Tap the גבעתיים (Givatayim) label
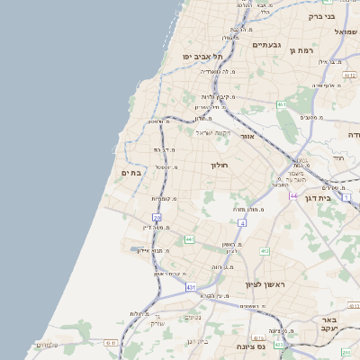(x=268, y=45)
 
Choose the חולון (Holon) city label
(x=220, y=166)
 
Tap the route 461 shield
(x=282, y=105)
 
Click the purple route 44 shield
(x=293, y=194)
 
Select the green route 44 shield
(x=189, y=238)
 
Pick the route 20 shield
(x=157, y=217)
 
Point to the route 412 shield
(x=265, y=251)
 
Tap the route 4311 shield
(x=111, y=343)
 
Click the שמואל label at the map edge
(x=346, y=32)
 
